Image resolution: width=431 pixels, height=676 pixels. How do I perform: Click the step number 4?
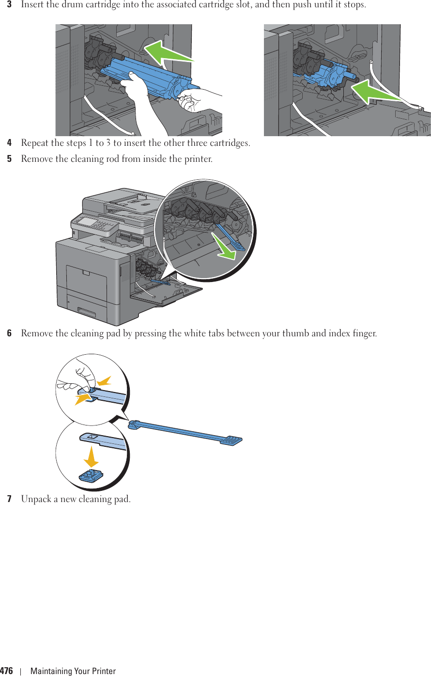tap(9, 143)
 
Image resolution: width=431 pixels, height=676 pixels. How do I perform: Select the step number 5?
tap(9, 159)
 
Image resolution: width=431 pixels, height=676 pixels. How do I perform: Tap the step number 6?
tap(9, 334)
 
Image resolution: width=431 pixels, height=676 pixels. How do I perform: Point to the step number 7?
tap(9, 499)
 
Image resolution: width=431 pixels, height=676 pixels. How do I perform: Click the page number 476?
tap(7, 671)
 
